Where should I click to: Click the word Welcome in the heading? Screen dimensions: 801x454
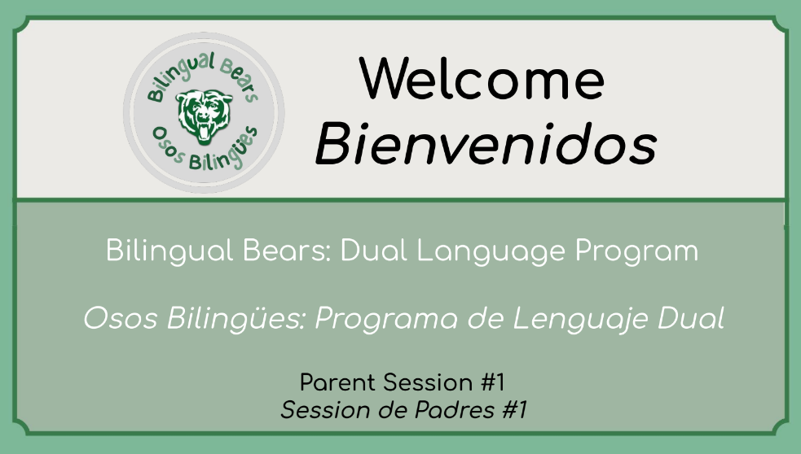click(x=482, y=78)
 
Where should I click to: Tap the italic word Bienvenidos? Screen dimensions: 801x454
click(x=486, y=144)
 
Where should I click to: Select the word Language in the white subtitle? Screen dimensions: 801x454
click(x=491, y=251)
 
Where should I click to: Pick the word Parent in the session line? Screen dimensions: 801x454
click(x=337, y=382)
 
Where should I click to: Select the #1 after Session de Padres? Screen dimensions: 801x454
click(x=514, y=409)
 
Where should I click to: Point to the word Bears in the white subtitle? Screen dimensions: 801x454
click(x=287, y=251)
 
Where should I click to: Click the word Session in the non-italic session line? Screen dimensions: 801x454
click(x=428, y=382)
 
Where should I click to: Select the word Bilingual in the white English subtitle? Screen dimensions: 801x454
click(x=169, y=251)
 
